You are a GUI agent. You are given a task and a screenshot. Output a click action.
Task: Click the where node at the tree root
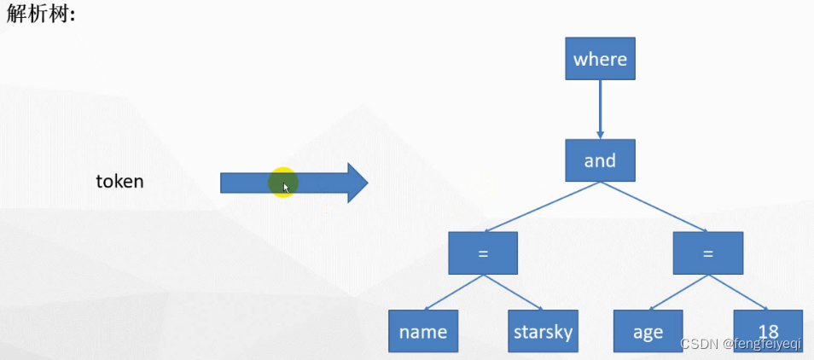click(x=600, y=59)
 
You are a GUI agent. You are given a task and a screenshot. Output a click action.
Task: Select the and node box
click(x=600, y=160)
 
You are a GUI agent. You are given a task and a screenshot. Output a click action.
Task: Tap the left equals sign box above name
click(x=483, y=253)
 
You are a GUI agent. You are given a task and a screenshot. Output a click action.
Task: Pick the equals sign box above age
click(x=707, y=253)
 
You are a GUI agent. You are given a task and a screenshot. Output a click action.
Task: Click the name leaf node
click(x=423, y=332)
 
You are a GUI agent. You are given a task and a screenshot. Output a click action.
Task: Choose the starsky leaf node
click(x=543, y=332)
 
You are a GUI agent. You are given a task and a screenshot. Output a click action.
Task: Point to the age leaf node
click(x=648, y=332)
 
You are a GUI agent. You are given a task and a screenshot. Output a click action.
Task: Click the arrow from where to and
click(x=600, y=109)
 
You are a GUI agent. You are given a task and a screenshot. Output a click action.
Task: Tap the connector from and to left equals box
click(x=541, y=206)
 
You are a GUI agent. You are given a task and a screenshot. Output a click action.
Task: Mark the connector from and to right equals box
click(x=654, y=206)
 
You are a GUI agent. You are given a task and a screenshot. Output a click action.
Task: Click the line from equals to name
click(x=453, y=293)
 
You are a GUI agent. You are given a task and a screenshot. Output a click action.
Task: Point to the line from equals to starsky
click(x=513, y=293)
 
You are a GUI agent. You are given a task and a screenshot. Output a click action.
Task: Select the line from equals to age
click(x=678, y=293)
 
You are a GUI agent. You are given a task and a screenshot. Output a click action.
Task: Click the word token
click(x=119, y=182)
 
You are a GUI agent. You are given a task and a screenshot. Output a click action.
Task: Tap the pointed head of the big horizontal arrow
click(x=358, y=183)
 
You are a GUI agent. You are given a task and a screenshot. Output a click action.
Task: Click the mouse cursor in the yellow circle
click(x=286, y=186)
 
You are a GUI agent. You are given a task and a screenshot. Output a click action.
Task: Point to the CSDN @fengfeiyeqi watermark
click(x=740, y=342)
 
